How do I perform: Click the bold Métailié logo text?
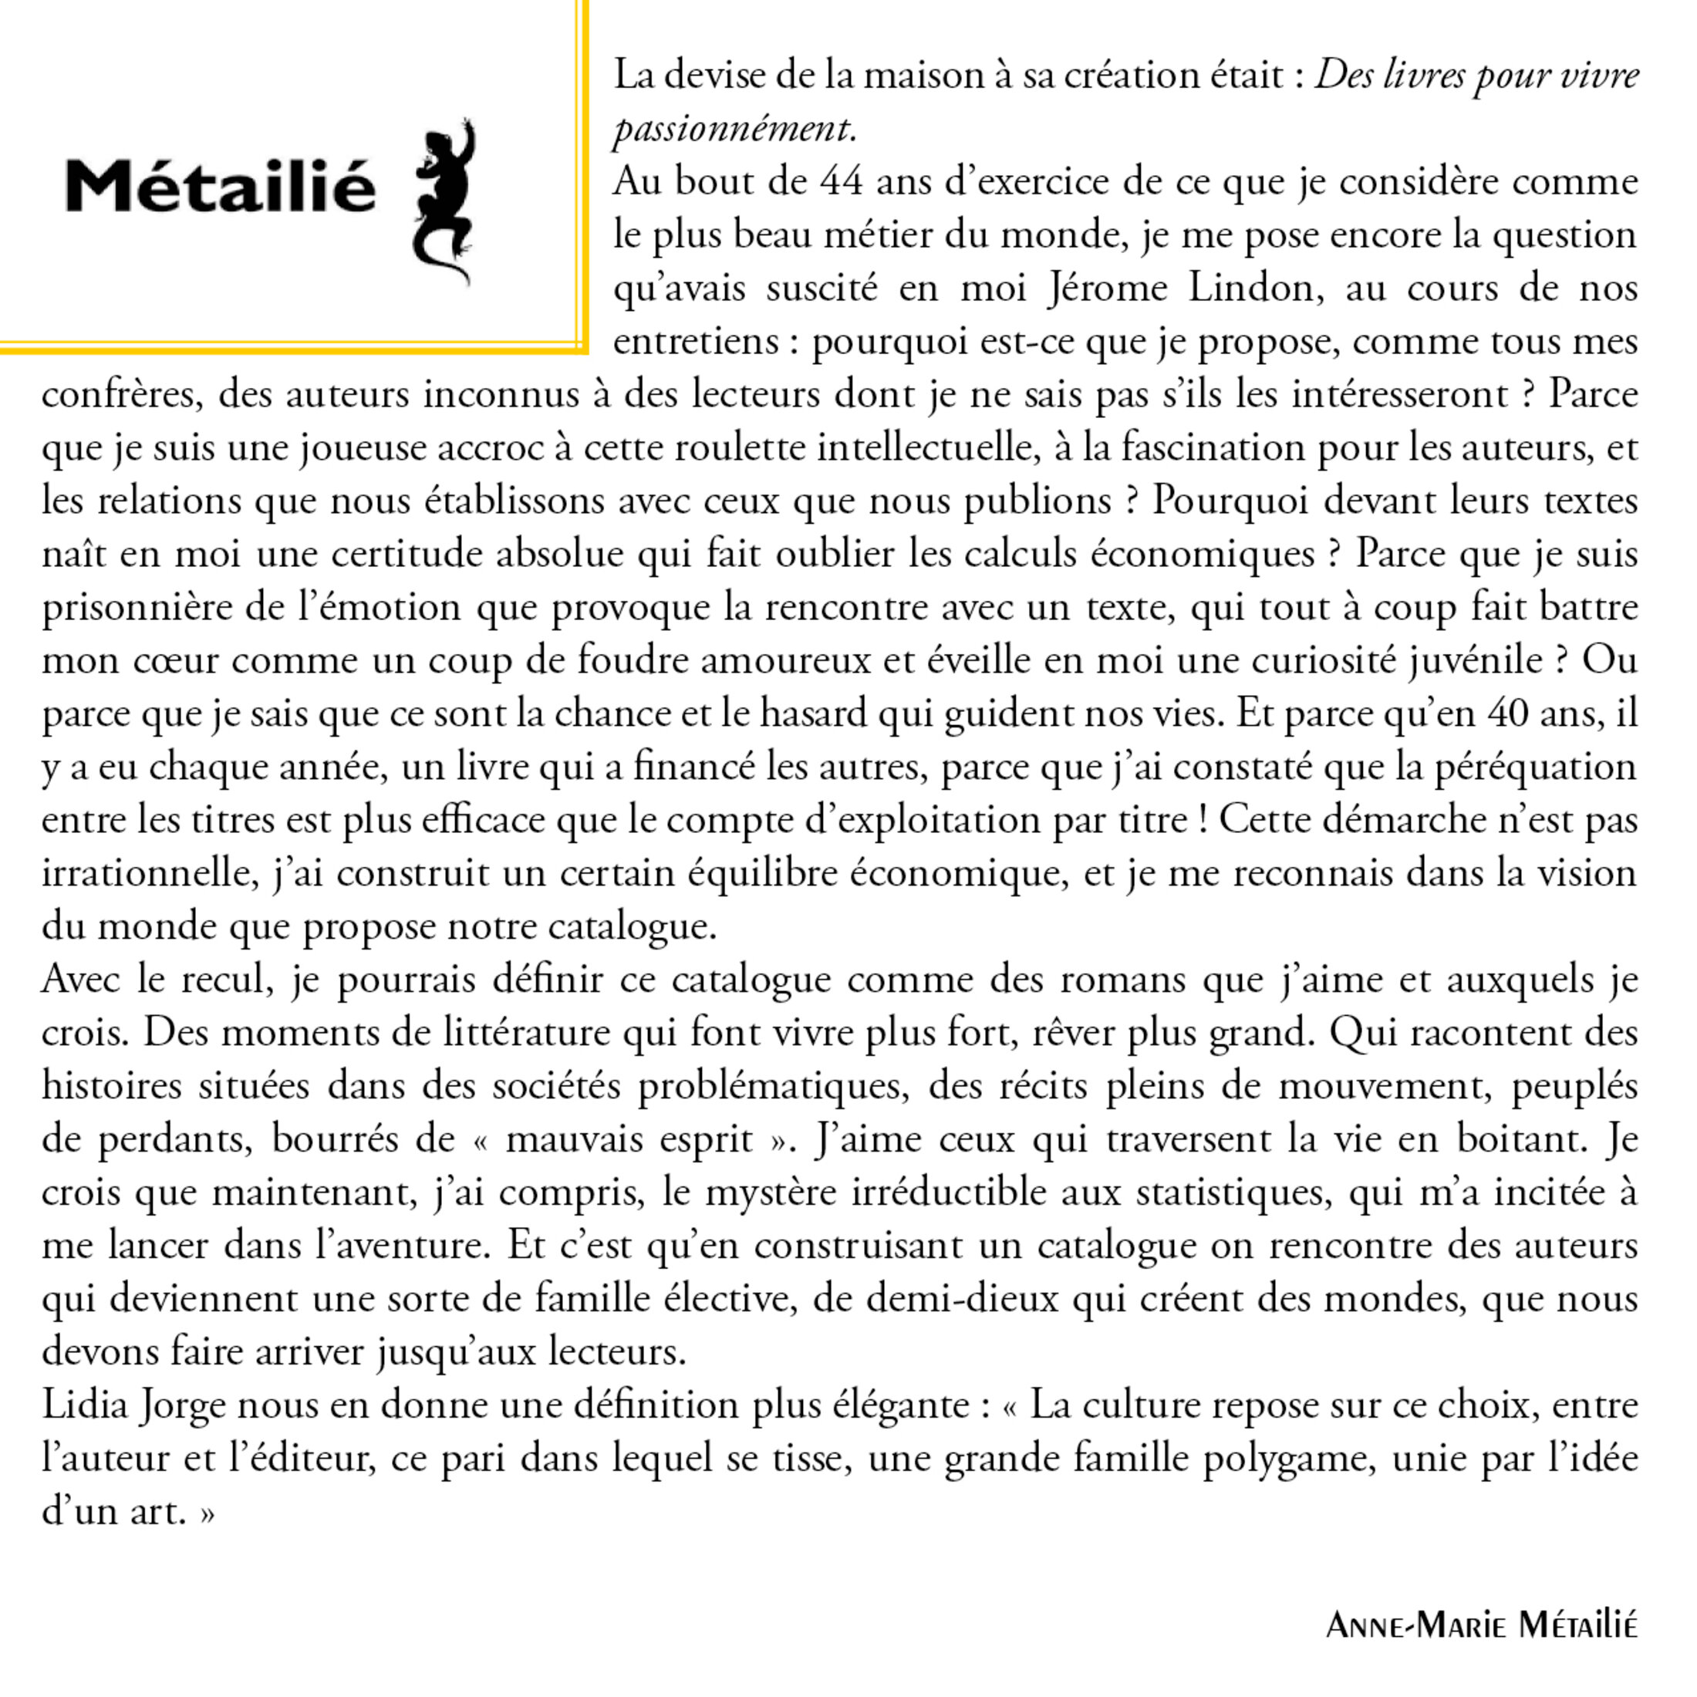[221, 185]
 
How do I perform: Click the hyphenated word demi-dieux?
[961, 1298]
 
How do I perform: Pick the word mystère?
[771, 1192]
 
